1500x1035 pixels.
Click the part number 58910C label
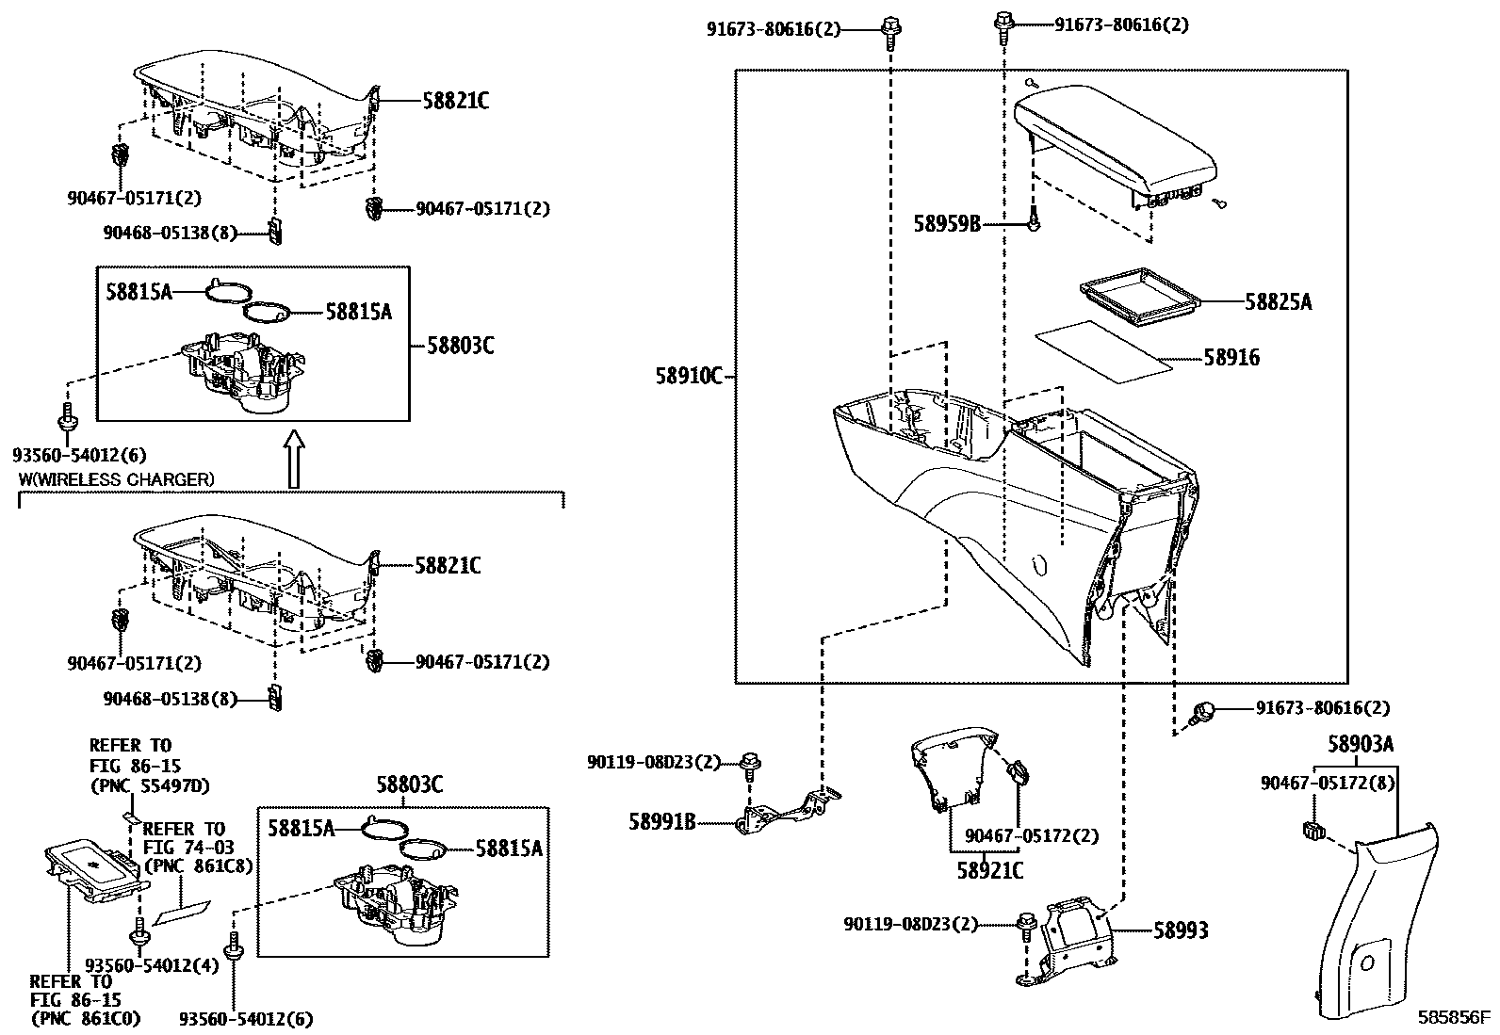pos(688,377)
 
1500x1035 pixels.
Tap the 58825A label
pos(1278,302)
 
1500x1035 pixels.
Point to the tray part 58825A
pos(1137,299)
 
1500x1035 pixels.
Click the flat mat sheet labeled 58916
pos(1102,350)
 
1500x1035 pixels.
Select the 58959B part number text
pos(947,223)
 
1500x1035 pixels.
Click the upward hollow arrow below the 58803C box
pos(294,460)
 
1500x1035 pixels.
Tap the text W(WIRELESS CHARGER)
pos(117,479)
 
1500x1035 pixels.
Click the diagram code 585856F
pos(1456,1018)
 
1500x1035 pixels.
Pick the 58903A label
pos(1360,745)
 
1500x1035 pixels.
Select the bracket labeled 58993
pos(1069,942)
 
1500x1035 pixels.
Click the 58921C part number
pos(989,871)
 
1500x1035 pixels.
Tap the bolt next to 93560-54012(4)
pos(139,934)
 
